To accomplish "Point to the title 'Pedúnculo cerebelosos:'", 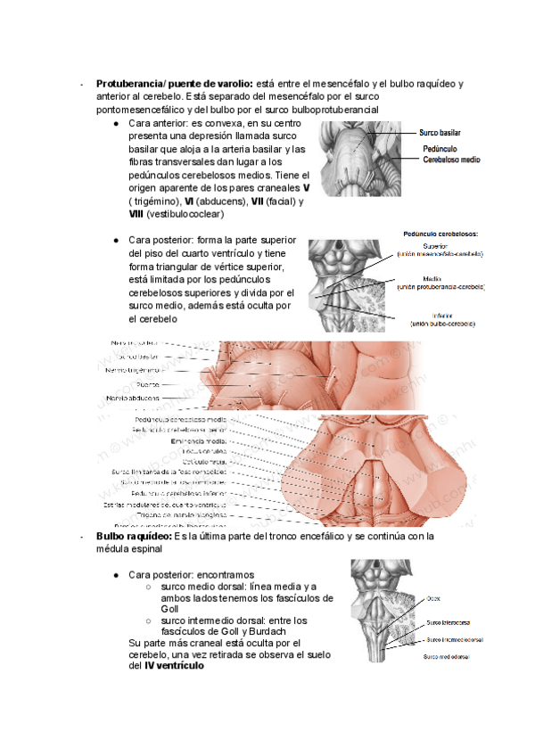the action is point(440,234).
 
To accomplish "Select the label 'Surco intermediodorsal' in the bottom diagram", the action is point(455,639).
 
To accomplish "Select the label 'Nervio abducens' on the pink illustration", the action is point(134,398).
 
